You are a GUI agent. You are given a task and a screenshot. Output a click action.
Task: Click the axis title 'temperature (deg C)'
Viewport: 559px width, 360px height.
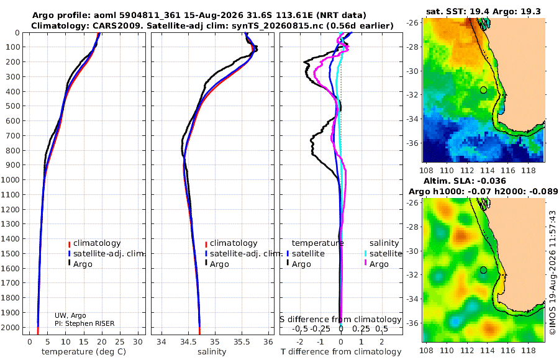tap(84, 352)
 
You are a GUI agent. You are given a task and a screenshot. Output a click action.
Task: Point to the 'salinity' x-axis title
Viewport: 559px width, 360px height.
tap(212, 352)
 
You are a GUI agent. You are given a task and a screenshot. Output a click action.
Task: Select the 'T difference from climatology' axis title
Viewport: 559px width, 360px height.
tap(341, 352)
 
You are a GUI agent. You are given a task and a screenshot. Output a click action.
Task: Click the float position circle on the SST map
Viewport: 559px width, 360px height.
tap(483, 90)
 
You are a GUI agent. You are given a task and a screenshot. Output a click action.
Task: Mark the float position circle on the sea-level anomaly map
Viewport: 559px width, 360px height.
tap(483, 270)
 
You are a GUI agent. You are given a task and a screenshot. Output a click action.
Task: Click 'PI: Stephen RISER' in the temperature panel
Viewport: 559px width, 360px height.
tap(84, 323)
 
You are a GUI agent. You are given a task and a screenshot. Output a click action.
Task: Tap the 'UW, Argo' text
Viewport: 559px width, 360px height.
tap(70, 315)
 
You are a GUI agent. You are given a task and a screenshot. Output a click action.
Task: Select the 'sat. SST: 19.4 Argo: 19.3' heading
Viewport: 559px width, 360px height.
tap(483, 12)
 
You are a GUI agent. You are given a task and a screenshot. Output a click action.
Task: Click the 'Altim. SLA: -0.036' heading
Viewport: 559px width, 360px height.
tap(465, 181)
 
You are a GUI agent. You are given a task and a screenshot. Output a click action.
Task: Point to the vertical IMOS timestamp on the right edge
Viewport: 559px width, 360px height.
tap(553, 272)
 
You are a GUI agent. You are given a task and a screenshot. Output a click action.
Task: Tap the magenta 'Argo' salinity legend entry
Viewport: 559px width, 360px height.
tap(376, 264)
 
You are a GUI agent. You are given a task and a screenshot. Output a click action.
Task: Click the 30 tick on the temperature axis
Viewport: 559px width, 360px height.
tap(138, 341)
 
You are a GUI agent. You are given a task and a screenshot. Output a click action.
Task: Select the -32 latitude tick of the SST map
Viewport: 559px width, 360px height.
tap(412, 95)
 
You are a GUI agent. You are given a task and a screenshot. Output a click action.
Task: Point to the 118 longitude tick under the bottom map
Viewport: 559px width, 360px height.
tap(529, 350)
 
